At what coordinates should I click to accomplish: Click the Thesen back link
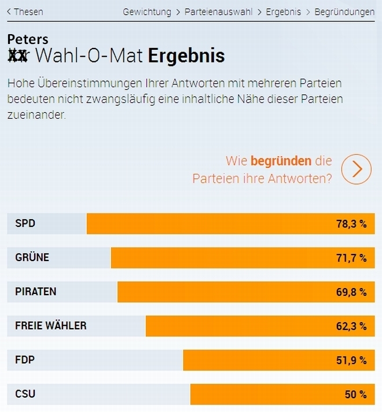point(25,12)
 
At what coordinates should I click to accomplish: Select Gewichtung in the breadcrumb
point(147,12)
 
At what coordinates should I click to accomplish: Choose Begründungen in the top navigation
point(344,12)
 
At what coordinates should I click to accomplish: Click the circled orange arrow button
point(356,169)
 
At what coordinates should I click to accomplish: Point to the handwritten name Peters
point(27,39)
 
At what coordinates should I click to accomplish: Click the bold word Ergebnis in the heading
point(186,56)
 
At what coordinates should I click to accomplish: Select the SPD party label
point(25,223)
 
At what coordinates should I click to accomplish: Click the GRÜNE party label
point(32,257)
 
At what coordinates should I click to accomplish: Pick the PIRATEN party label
point(36,292)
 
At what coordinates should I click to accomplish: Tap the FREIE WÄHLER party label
point(51,326)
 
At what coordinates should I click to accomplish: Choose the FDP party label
point(25,360)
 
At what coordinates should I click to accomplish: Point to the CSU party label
point(25,394)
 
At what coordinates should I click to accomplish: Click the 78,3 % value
point(351,224)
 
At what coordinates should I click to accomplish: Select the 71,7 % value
point(351,258)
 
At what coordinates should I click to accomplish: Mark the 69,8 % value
point(351,292)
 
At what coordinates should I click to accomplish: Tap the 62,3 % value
point(351,326)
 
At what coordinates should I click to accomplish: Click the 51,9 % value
point(351,360)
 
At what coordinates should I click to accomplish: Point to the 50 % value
point(356,395)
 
